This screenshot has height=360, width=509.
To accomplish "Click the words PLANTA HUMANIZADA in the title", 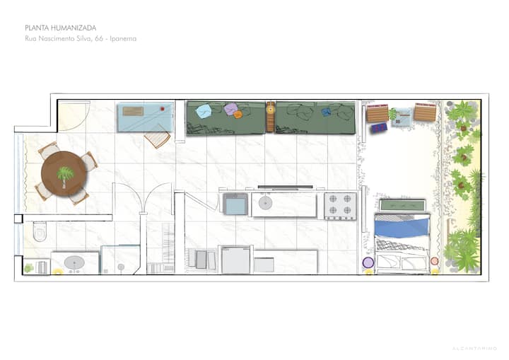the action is (x=60, y=28).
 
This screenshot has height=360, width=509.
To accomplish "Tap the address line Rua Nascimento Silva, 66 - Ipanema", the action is (x=81, y=39).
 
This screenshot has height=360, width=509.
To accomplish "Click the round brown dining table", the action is (x=64, y=173).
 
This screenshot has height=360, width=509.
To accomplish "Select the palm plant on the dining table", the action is (x=65, y=176).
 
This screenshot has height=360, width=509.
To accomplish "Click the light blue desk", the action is (x=146, y=117).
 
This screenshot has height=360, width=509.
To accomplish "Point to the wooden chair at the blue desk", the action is (x=158, y=137).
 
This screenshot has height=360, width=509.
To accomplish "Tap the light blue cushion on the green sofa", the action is (x=204, y=111).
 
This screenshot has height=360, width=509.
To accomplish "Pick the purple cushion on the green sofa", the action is (x=230, y=108).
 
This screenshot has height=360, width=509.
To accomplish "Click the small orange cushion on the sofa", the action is (x=238, y=115).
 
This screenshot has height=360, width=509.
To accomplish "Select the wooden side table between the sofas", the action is (x=270, y=117).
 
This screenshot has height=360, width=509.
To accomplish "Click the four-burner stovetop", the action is (x=340, y=206).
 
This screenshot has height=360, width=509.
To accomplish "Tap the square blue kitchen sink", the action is (x=235, y=204).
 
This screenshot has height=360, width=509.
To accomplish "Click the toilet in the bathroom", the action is (x=40, y=231).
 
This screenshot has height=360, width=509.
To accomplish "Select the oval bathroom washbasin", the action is (x=74, y=262).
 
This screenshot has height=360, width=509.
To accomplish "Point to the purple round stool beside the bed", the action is (x=368, y=262).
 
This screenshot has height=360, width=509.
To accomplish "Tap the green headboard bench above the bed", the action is (x=402, y=205).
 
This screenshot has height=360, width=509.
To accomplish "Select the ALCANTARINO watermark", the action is (x=474, y=348).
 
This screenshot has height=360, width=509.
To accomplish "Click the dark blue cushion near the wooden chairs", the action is (x=379, y=128).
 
